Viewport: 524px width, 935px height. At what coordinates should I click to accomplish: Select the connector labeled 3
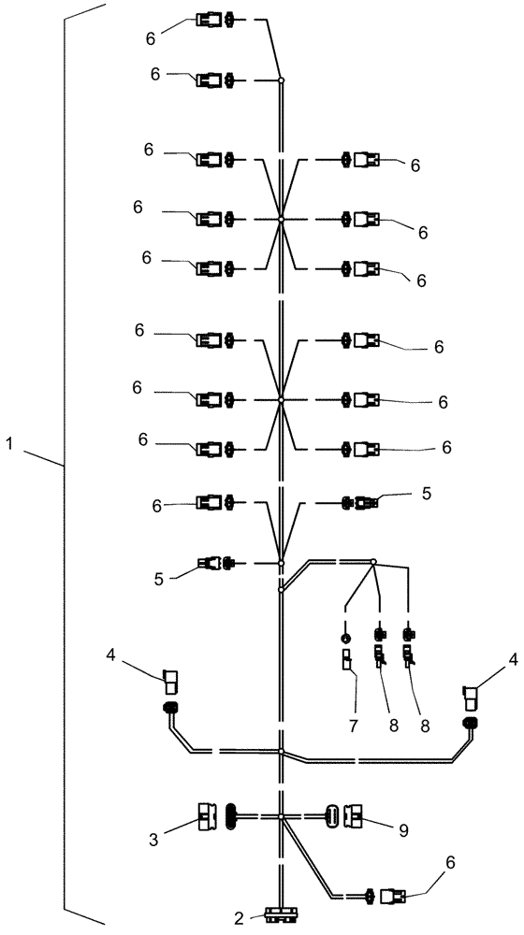(208, 816)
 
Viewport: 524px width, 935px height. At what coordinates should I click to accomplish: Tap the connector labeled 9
(356, 816)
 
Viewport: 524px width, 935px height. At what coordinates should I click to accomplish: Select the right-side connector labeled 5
(362, 503)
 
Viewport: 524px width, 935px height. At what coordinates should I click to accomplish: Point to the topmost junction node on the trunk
(281, 81)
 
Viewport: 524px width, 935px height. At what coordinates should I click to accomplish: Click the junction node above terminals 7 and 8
(373, 563)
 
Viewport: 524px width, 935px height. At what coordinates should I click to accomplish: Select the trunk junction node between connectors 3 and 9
(281, 817)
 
